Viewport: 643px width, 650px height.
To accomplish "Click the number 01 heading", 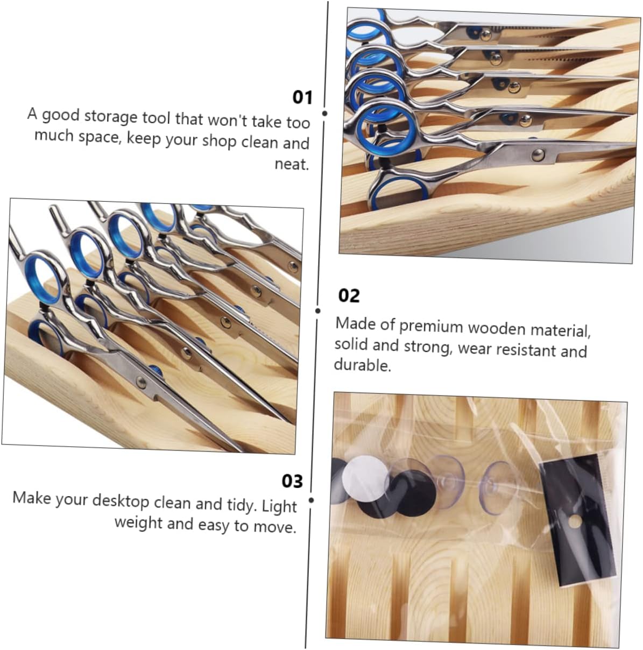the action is point(302,97).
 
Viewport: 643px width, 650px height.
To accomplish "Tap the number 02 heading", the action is point(349,295).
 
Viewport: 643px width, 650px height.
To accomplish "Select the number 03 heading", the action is point(292,482).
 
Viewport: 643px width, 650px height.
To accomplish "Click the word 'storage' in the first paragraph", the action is point(111,117).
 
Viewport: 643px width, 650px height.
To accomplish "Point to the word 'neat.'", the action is point(292,164).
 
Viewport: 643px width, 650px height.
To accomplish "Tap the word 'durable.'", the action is point(362,365).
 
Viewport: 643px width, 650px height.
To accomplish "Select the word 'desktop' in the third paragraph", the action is point(121,500).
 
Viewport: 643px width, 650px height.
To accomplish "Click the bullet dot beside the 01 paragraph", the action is point(324,114).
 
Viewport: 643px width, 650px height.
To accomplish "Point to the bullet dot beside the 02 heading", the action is point(318,310).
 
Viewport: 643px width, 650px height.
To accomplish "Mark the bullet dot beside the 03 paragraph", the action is point(311,500).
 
